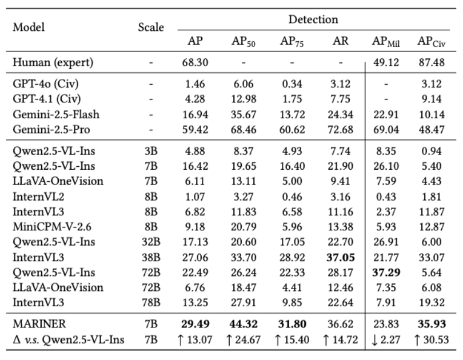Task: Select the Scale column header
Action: tap(151, 27)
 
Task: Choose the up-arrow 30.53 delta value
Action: tap(431, 341)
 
